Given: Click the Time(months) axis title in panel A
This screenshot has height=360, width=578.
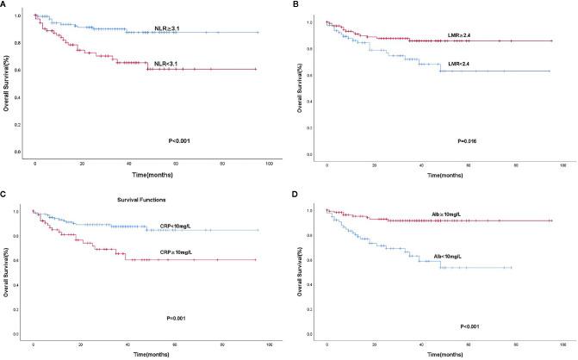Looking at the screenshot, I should [154, 173].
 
